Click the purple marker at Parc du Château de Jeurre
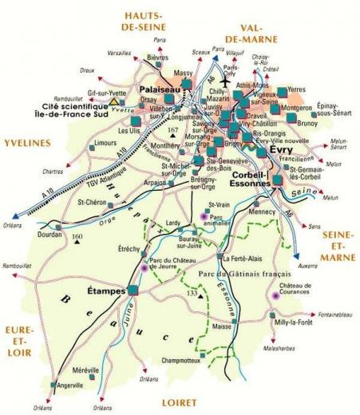pyautogui.click(x=144, y=268)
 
